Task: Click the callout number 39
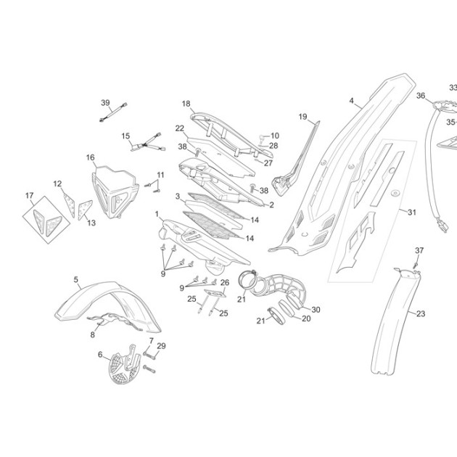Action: pos(105,103)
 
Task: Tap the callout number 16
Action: pos(91,157)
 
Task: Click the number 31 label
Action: pos(411,212)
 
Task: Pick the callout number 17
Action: pos(29,195)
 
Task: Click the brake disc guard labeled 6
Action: pos(125,366)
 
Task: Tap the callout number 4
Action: pos(352,101)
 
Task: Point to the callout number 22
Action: pos(180,128)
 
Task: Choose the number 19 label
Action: pos(302,117)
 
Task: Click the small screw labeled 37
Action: pos(416,265)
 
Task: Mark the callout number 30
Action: pos(316,310)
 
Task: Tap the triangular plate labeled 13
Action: pos(86,210)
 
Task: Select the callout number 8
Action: pos(92,334)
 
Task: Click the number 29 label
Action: pos(161,346)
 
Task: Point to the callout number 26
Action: pos(225,282)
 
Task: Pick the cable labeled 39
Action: pos(113,112)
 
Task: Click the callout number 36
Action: pos(421,96)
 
